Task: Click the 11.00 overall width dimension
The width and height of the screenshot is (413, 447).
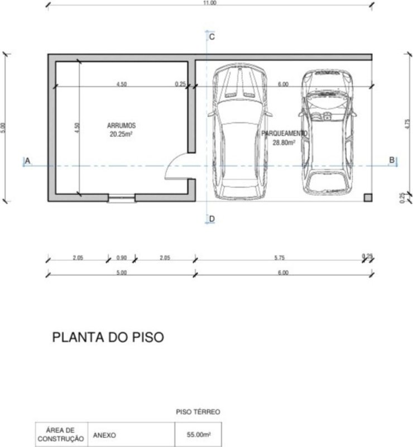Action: coord(210,3)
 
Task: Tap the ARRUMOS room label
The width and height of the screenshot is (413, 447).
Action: coord(121,125)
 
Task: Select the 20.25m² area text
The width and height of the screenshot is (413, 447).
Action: coord(121,134)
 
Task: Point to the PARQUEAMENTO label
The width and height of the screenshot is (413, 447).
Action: coord(284,133)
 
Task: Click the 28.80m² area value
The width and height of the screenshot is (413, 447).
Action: coord(284,142)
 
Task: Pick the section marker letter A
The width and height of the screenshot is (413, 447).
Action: coord(28,161)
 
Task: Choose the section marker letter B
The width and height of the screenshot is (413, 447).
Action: coord(392,160)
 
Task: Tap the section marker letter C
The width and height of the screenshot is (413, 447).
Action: coord(212,37)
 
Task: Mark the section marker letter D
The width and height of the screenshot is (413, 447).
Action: coord(212,218)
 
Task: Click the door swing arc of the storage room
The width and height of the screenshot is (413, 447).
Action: coord(170,163)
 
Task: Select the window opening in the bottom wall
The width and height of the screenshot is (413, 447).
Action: coord(122,198)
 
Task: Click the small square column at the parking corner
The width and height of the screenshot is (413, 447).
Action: coord(368,198)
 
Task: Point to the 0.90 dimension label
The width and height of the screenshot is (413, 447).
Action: coord(121,258)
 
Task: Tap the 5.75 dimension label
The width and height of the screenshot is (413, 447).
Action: coord(280,258)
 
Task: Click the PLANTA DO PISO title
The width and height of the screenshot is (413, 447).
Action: coord(108,337)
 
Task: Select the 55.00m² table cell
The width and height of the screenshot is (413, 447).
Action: coord(199,435)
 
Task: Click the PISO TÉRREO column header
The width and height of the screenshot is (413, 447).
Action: coord(198,412)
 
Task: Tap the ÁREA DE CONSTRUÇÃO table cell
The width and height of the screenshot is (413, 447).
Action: coord(61,435)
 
